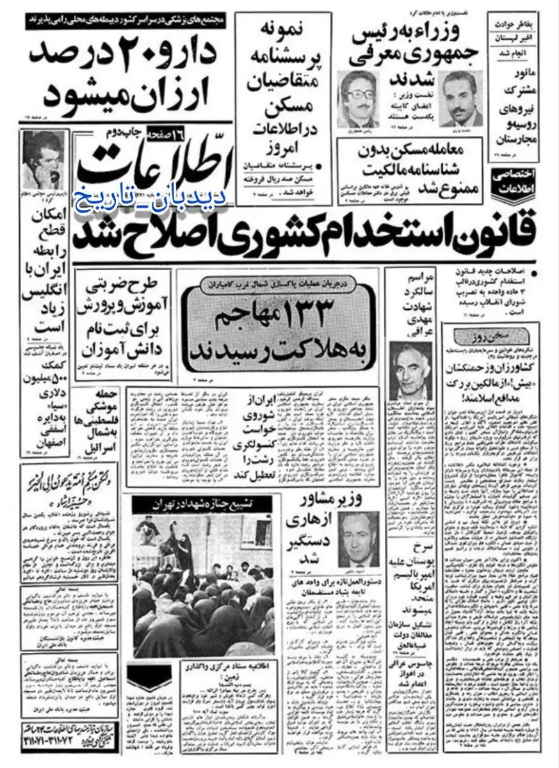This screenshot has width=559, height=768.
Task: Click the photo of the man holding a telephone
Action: coord(44,160)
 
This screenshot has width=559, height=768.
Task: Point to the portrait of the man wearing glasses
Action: coord(358,100)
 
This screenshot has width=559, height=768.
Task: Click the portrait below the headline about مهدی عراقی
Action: coord(410,371)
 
